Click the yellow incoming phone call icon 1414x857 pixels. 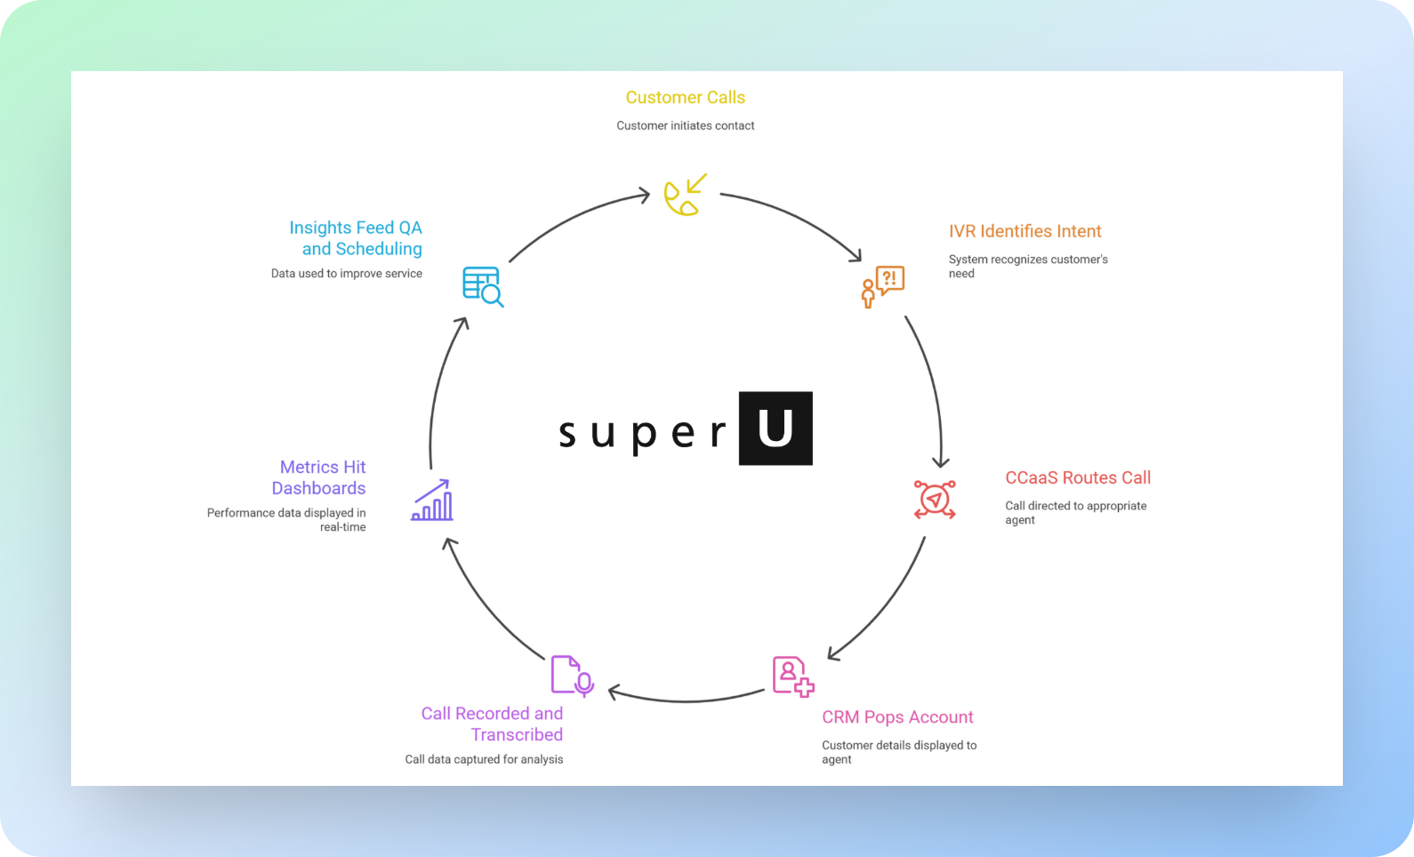click(686, 195)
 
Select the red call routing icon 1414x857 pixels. click(934, 499)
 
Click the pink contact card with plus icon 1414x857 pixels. click(792, 677)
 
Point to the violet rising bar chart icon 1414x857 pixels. click(432, 501)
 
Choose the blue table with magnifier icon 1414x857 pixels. click(483, 286)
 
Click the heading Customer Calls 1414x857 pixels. click(685, 98)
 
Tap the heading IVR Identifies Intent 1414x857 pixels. click(1024, 231)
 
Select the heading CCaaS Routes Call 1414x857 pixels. click(1078, 477)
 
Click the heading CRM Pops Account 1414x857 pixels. click(897, 717)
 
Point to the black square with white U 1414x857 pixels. click(775, 428)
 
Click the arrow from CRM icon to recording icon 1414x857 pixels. click(687, 698)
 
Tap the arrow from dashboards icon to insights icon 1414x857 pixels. click(439, 391)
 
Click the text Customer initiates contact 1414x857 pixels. click(685, 126)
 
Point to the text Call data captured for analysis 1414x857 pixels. click(484, 759)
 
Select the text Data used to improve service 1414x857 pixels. click(347, 274)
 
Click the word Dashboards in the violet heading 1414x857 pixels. click(318, 488)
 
